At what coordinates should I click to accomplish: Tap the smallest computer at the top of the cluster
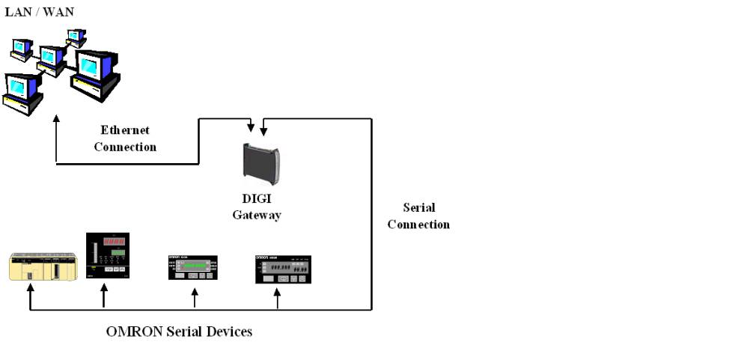point(76,37)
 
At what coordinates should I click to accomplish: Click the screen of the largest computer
point(91,66)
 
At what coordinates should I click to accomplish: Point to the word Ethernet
point(125,130)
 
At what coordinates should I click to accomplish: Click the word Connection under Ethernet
point(125,147)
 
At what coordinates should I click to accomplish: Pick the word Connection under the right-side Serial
point(418,224)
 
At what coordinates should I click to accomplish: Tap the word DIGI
point(256,200)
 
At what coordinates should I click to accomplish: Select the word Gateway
point(256,216)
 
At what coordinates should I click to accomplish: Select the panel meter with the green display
point(192,267)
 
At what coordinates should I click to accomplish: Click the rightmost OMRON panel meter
point(283,269)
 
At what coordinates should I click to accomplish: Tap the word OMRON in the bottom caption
point(132,331)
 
